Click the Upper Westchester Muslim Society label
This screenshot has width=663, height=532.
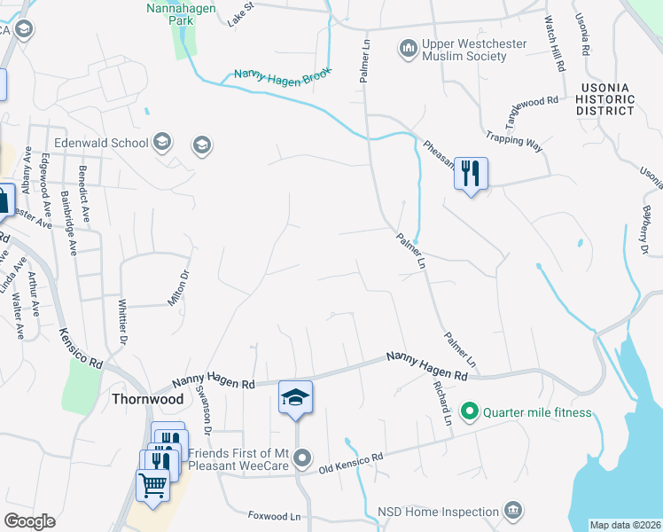click(476, 50)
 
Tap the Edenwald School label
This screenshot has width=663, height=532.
click(100, 142)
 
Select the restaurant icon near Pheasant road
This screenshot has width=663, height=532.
click(471, 173)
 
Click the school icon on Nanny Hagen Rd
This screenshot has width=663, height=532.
click(295, 398)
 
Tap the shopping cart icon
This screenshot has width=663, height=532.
click(152, 486)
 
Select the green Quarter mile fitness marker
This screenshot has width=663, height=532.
click(470, 411)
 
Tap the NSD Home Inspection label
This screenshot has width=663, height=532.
click(438, 512)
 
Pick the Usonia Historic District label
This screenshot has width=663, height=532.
click(604, 99)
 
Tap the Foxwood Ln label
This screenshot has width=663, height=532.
click(275, 515)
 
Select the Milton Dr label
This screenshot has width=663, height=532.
click(181, 289)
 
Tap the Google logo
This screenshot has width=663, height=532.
click(29, 521)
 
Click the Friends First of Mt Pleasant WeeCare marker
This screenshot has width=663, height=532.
click(302, 458)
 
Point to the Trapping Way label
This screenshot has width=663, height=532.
click(513, 142)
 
